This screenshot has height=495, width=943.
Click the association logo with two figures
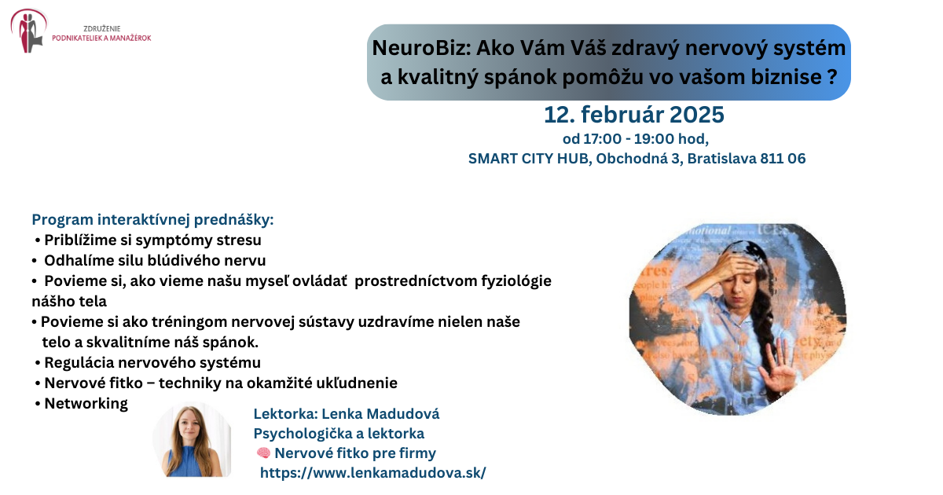coord(28,31)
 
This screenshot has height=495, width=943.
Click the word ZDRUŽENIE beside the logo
coord(102,28)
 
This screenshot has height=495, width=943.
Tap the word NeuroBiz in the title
coord(421,48)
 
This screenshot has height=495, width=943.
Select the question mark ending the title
coord(832,77)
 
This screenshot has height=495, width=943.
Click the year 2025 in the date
coord(697,115)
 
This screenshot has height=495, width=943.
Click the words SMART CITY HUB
coord(529,159)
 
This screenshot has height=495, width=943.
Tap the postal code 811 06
coord(783,159)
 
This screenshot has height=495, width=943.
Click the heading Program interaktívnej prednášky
coord(152,220)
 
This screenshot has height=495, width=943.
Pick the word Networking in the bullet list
coord(86,404)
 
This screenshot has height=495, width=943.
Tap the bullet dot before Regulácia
coord(38,363)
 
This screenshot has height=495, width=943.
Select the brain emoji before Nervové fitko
coord(263,453)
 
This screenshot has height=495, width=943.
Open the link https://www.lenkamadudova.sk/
coord(373,473)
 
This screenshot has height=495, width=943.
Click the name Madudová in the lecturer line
coord(403,414)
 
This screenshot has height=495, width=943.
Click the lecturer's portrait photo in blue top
coord(193,440)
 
